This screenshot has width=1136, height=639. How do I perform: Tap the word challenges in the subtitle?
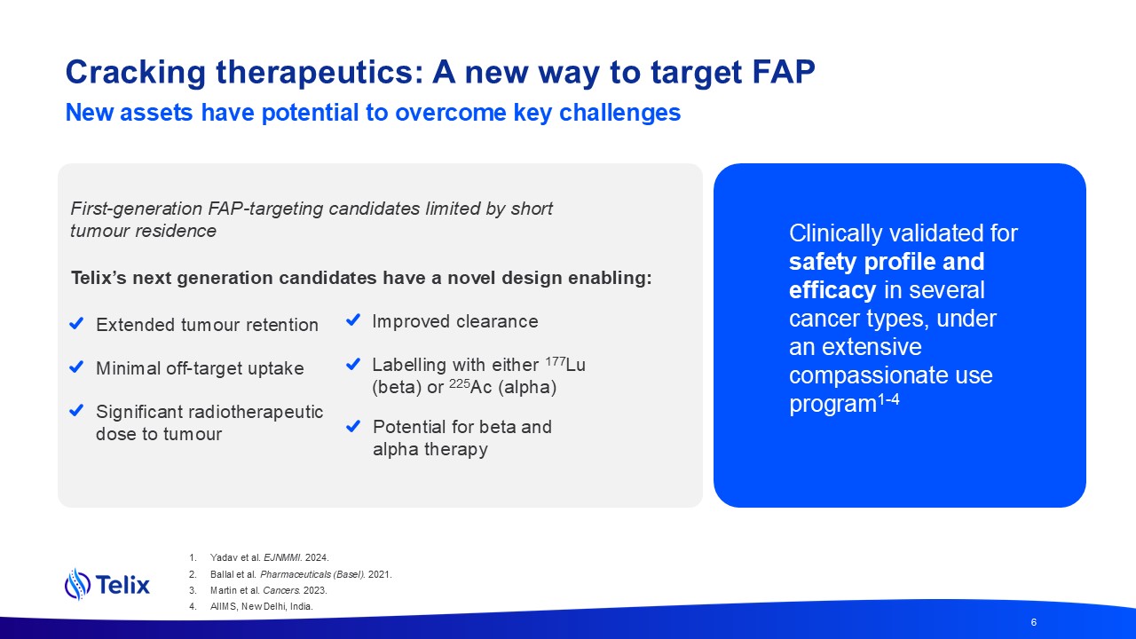point(619,114)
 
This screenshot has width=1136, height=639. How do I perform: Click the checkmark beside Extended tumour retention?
point(76,323)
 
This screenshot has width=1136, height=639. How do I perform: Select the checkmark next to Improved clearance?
point(353,320)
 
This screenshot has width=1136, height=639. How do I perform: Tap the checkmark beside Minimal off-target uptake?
point(76,367)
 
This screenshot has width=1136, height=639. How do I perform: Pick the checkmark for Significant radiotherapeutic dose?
point(76,410)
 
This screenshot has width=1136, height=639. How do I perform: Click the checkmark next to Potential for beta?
point(353,426)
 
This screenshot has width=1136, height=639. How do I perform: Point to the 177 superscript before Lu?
point(556,361)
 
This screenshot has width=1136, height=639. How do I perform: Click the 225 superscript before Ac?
point(460,383)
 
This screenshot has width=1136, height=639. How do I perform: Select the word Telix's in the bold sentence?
point(99,278)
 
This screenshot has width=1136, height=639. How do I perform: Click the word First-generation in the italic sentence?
point(137,209)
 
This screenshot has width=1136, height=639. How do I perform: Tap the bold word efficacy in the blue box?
point(832,290)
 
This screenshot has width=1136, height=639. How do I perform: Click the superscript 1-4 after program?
point(888,399)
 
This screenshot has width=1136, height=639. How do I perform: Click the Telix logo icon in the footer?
point(77,584)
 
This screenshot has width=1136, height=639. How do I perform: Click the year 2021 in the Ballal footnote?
point(379,574)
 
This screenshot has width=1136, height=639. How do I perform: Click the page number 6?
point(1034,622)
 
